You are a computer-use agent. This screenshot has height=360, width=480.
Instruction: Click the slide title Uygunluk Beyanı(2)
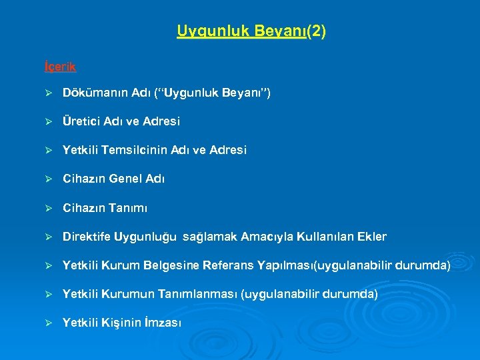click(x=251, y=31)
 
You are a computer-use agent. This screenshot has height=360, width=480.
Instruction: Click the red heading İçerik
click(x=59, y=67)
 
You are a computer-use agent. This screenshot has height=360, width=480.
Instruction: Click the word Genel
click(x=125, y=179)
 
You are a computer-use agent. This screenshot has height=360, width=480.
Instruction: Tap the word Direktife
click(x=87, y=237)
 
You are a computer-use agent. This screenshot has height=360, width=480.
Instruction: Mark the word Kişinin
click(x=120, y=323)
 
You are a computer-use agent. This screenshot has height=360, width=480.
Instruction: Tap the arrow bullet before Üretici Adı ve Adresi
click(x=47, y=122)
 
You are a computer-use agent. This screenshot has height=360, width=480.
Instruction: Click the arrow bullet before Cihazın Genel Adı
click(x=47, y=179)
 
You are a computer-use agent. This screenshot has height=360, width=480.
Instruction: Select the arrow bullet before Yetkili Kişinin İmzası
click(x=47, y=323)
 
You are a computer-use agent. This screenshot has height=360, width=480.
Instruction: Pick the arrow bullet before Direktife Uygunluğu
click(x=47, y=237)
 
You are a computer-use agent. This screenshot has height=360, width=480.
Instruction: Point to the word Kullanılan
click(x=319, y=237)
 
